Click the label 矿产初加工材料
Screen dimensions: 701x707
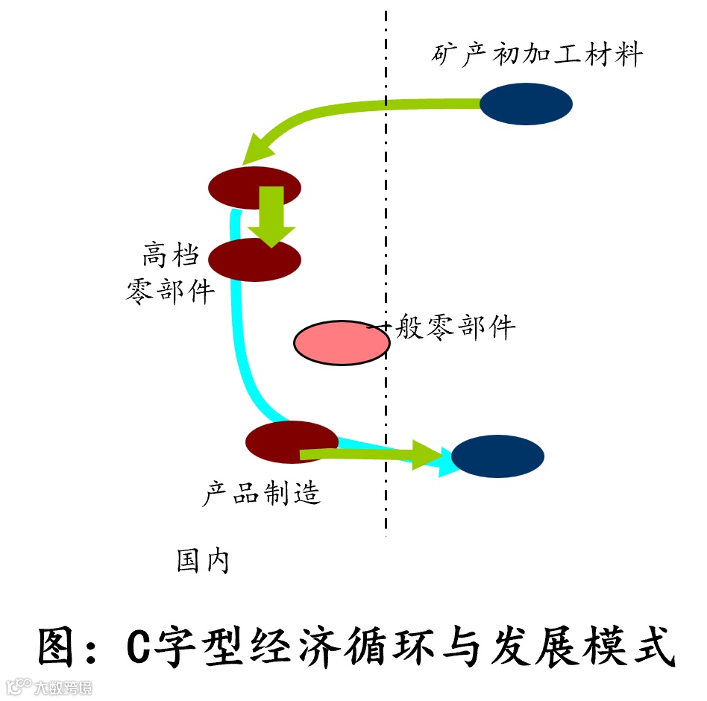(537, 55)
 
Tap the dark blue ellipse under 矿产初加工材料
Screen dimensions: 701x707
(526, 104)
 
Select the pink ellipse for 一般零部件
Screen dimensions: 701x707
(341, 342)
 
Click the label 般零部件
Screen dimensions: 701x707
(455, 327)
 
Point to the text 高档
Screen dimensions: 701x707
(171, 256)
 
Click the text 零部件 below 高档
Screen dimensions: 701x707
(171, 290)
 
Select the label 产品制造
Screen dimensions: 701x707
(262, 492)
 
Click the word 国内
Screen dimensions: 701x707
(202, 560)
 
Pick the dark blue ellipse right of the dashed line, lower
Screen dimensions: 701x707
(497, 456)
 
